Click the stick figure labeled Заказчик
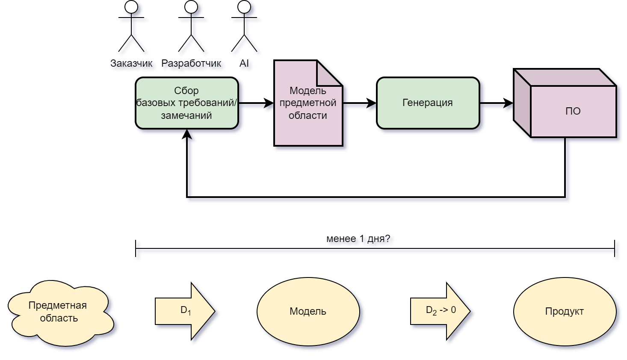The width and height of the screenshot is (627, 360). (131, 28)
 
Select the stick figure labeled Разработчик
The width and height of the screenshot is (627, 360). (191, 28)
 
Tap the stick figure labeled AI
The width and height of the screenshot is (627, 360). (244, 28)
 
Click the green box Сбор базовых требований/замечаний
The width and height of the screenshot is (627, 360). (187, 103)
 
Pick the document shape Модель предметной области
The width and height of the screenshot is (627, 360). (308, 111)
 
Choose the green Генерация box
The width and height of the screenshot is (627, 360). (428, 103)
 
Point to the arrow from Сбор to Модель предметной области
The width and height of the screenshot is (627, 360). (256, 103)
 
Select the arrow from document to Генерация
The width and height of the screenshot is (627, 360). (359, 103)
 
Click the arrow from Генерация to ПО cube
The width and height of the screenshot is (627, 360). (496, 103)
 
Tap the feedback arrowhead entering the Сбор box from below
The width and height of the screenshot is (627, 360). (187, 134)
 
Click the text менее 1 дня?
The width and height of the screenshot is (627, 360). (358, 239)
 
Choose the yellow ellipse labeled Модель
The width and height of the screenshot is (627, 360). (308, 311)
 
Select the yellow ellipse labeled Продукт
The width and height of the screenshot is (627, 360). (565, 311)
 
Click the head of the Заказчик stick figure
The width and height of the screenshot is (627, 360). (131, 6)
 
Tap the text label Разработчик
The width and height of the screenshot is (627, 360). (191, 63)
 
